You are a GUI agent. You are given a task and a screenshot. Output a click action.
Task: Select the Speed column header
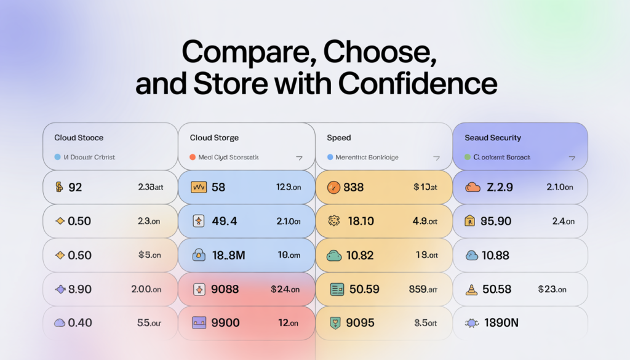pos(339,138)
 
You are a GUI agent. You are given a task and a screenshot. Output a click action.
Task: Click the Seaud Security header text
pos(493,138)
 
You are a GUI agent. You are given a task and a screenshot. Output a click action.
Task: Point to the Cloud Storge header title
pos(214,138)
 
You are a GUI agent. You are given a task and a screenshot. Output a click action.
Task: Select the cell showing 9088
pos(225,289)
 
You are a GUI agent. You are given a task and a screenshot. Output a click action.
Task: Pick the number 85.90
pos(496,221)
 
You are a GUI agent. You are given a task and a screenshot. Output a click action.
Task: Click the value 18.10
pos(361,221)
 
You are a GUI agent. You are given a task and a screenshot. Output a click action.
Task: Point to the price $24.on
pos(285,289)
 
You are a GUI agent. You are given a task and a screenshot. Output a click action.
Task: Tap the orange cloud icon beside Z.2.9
pos(472,187)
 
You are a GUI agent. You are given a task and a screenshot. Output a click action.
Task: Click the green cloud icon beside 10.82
pos(335,255)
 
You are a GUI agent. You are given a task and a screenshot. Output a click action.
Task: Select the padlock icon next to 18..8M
pos(199,255)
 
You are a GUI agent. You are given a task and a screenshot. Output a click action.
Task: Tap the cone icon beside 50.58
pos(472,289)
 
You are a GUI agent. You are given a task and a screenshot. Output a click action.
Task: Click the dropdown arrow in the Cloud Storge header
pos(299,158)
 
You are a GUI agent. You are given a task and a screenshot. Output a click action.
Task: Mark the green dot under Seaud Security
pos(467,158)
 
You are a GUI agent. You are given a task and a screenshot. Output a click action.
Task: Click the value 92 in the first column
pos(75,187)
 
